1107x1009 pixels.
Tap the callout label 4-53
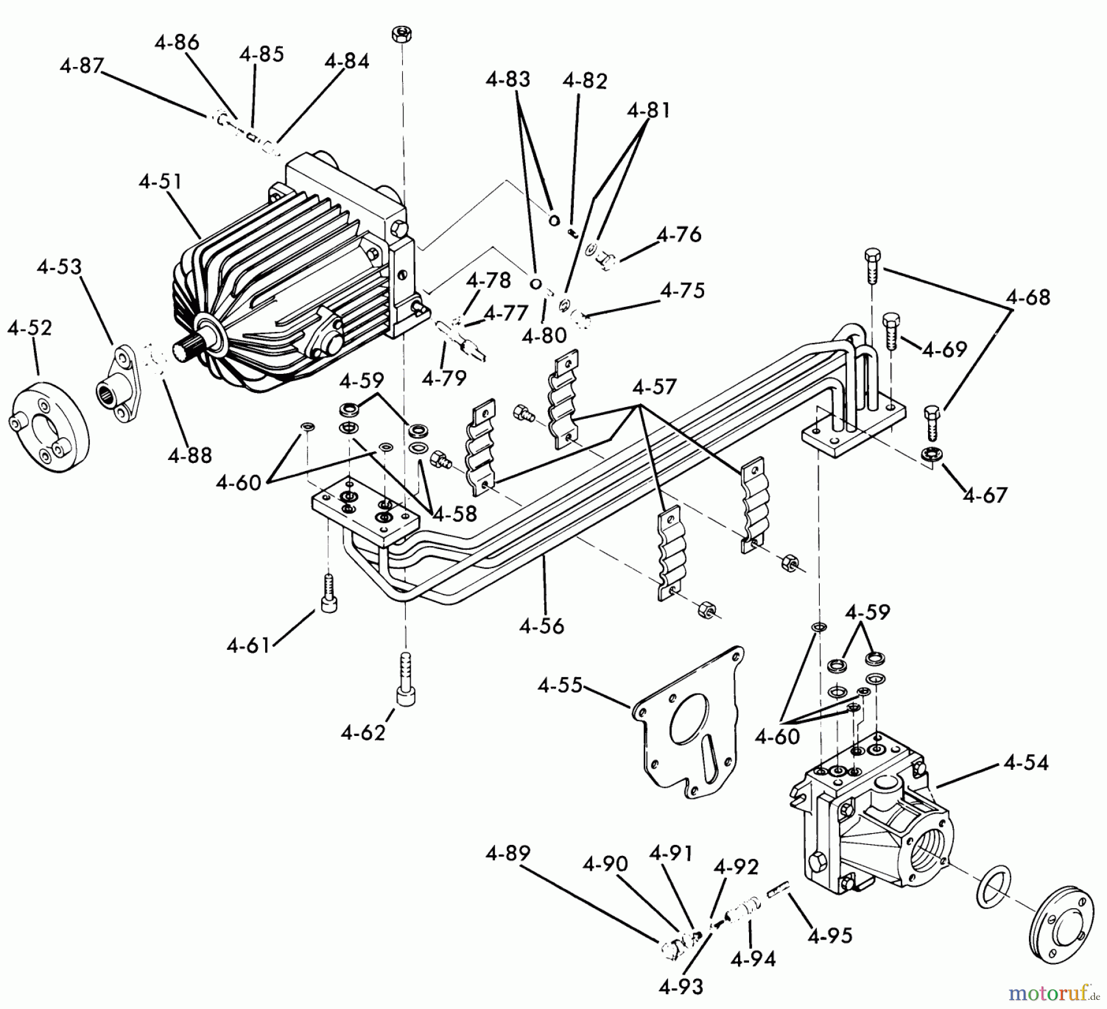pyautogui.click(x=59, y=267)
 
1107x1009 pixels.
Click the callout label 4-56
pyautogui.click(x=541, y=626)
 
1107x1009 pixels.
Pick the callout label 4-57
pyautogui.click(x=654, y=387)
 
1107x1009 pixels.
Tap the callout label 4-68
pyautogui.click(x=1028, y=298)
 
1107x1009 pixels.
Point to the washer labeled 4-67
pyautogui.click(x=929, y=454)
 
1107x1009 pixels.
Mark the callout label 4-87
pyautogui.click(x=82, y=66)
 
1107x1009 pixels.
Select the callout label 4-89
pyautogui.click(x=507, y=854)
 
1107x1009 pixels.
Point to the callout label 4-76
pyautogui.click(x=679, y=235)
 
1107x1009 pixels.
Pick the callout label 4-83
pyautogui.click(x=507, y=79)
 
